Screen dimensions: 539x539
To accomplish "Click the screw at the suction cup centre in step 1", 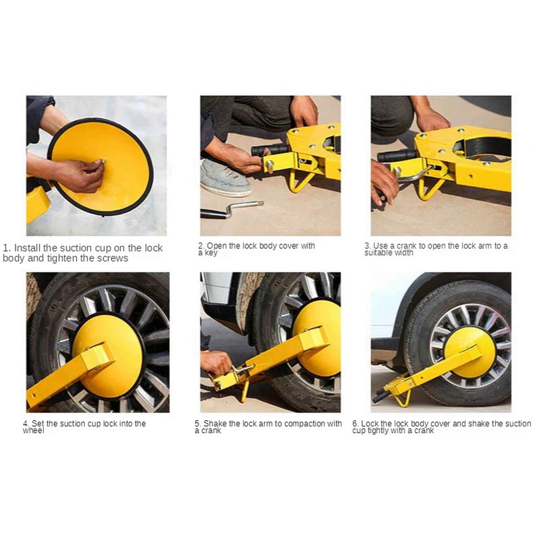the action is pos(103,160).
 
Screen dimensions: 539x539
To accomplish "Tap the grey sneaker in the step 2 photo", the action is pos(225,177).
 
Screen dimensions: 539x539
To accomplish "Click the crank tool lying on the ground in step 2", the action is pos(231,209).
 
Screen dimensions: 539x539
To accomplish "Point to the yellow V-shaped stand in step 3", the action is pos(430,188).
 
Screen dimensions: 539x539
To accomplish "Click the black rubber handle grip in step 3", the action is pos(397,156).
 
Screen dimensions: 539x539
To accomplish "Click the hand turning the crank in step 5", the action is pos(217,363).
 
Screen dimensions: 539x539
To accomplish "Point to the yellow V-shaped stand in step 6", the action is pos(402,399).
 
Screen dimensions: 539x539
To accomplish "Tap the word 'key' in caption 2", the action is pos(211,253).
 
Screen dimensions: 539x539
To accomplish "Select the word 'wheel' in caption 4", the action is pos(33,430).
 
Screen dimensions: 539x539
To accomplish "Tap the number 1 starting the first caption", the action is pos(7,248).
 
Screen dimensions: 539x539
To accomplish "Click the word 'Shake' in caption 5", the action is pos(214,424).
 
